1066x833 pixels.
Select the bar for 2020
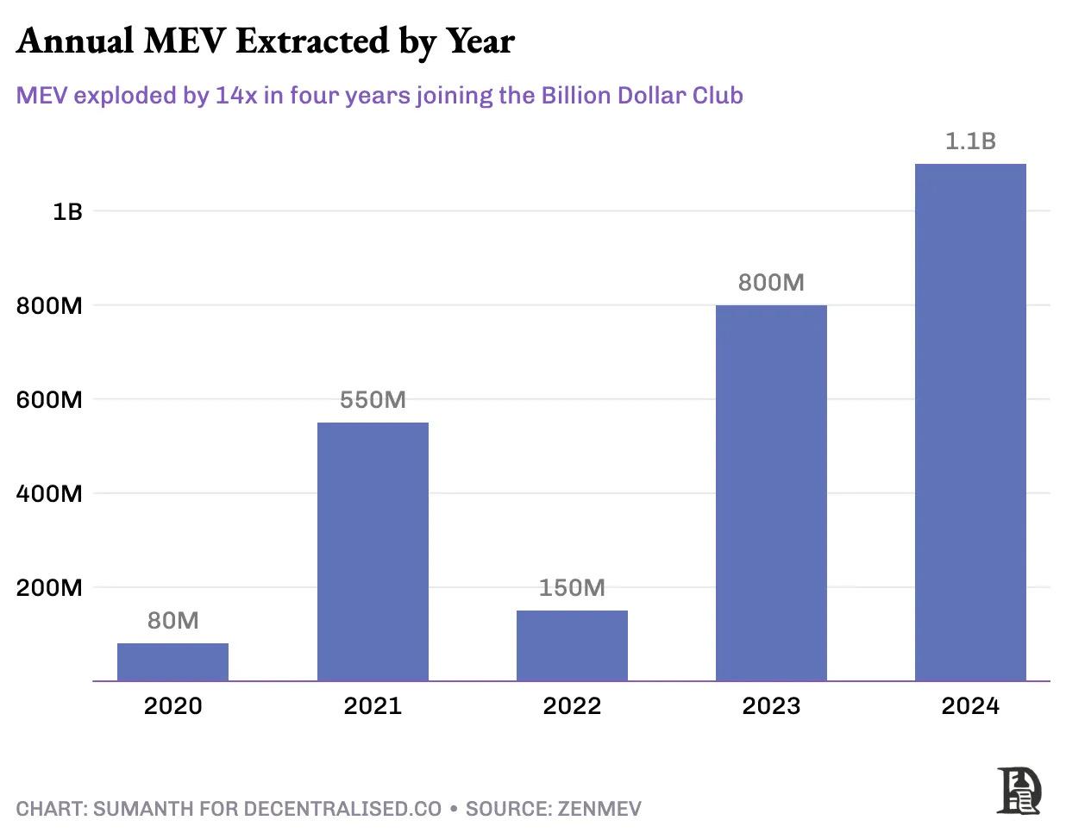pos(172,662)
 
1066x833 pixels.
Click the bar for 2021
pos(373,552)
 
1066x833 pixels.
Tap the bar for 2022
pos(572,646)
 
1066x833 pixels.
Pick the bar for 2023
pos(771,493)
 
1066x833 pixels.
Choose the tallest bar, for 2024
pos(970,423)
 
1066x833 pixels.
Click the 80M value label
pos(172,621)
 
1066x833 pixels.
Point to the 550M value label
pos(373,400)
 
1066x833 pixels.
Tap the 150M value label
pos(572,588)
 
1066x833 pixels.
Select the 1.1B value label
pos(970,141)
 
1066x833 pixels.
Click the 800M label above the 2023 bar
pos(771,283)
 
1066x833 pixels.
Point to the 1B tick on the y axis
pos(67,211)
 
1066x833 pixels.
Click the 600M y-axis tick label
pos(49,400)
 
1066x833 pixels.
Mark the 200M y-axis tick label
pos(49,588)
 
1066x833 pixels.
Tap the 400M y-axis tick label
pos(49,494)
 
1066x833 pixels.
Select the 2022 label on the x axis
pos(572,706)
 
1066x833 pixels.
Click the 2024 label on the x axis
pos(970,706)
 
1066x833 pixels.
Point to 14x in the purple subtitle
pos(236,95)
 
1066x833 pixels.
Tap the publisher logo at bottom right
pos(1019,790)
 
